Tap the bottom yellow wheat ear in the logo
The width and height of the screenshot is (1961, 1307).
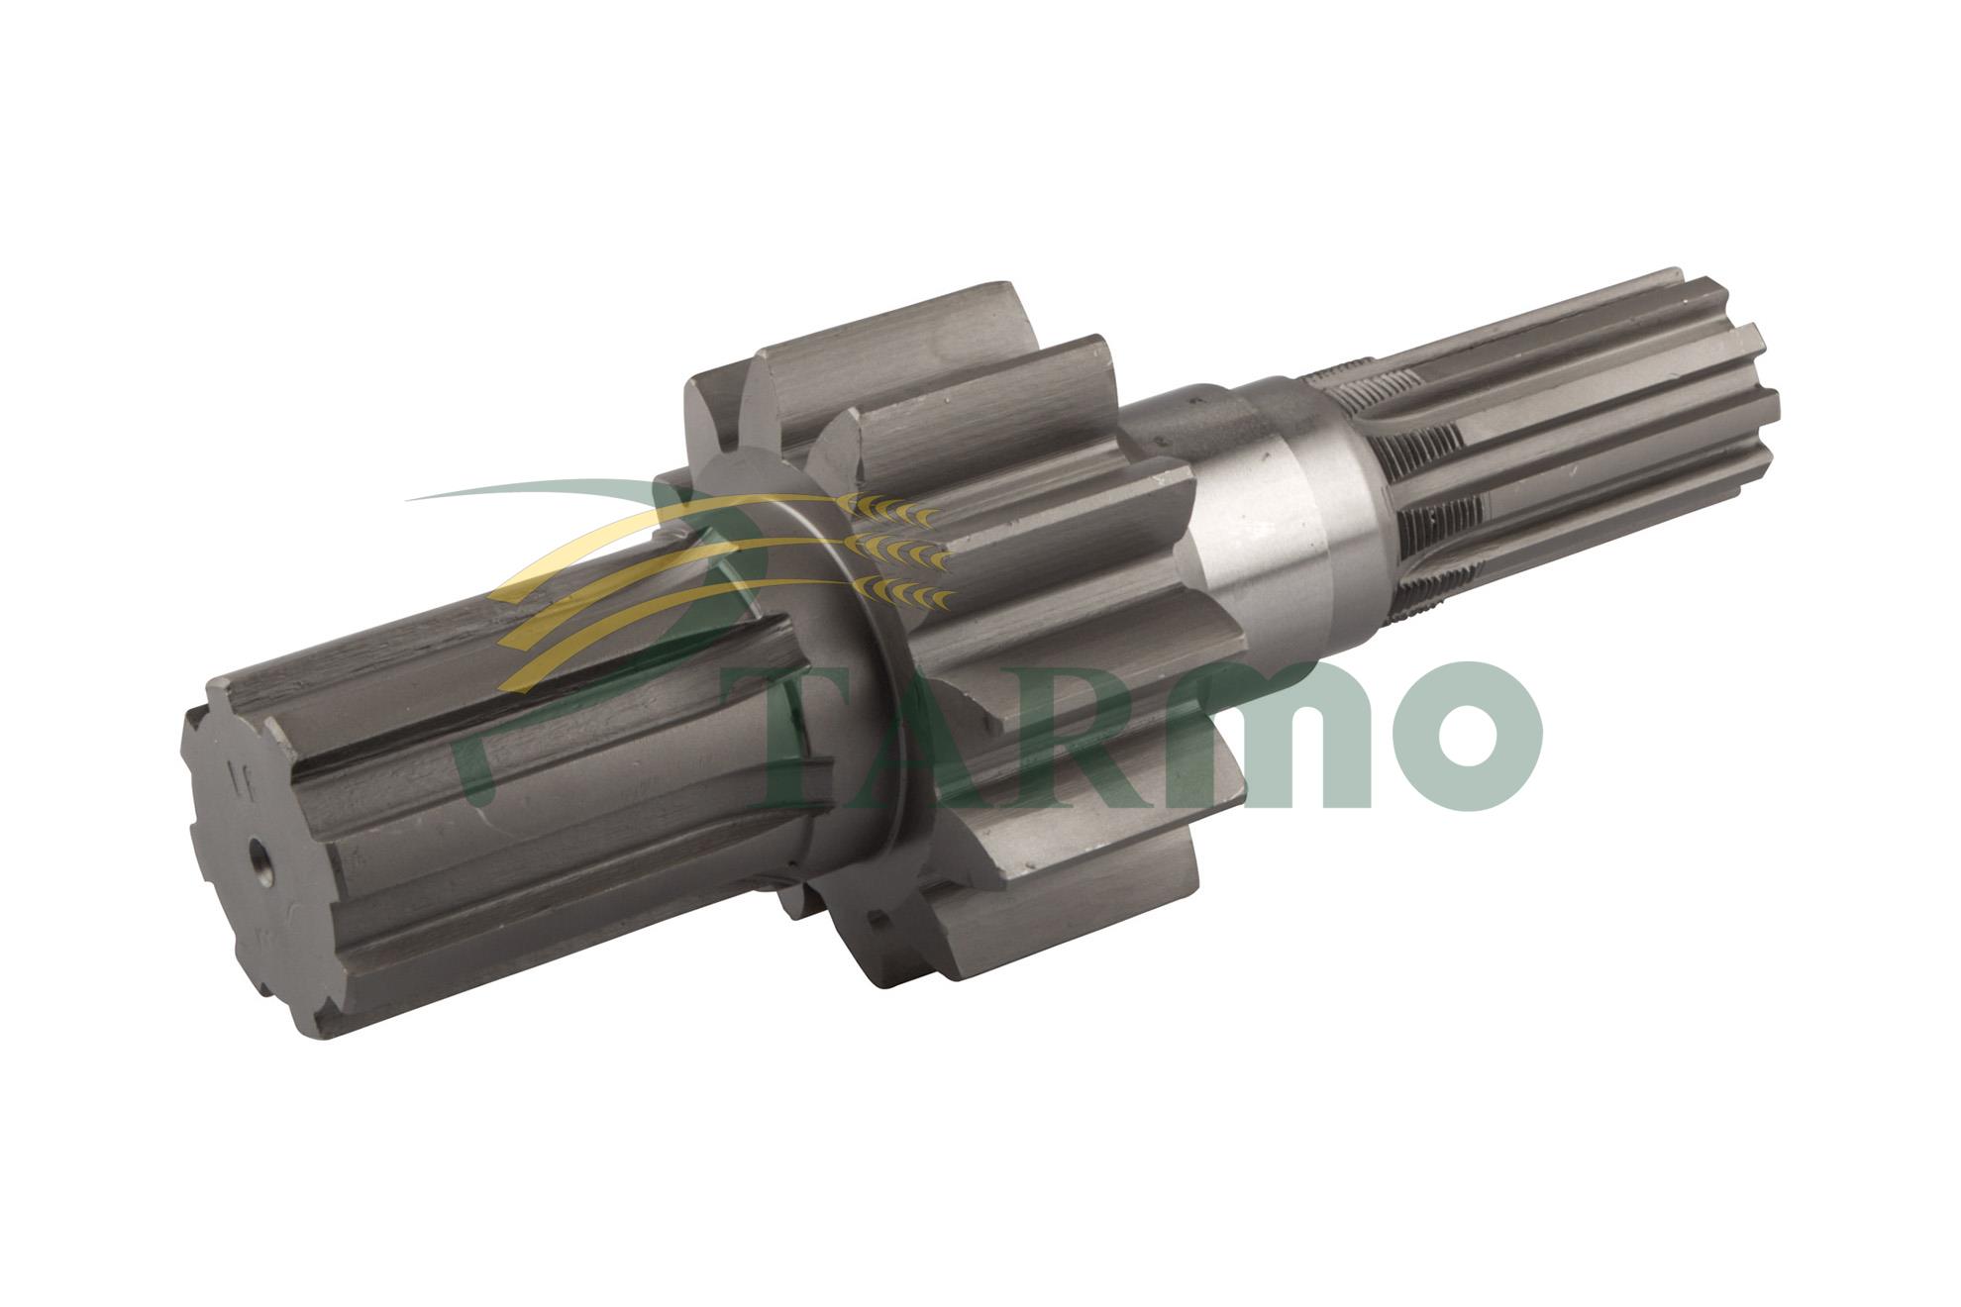906,592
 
